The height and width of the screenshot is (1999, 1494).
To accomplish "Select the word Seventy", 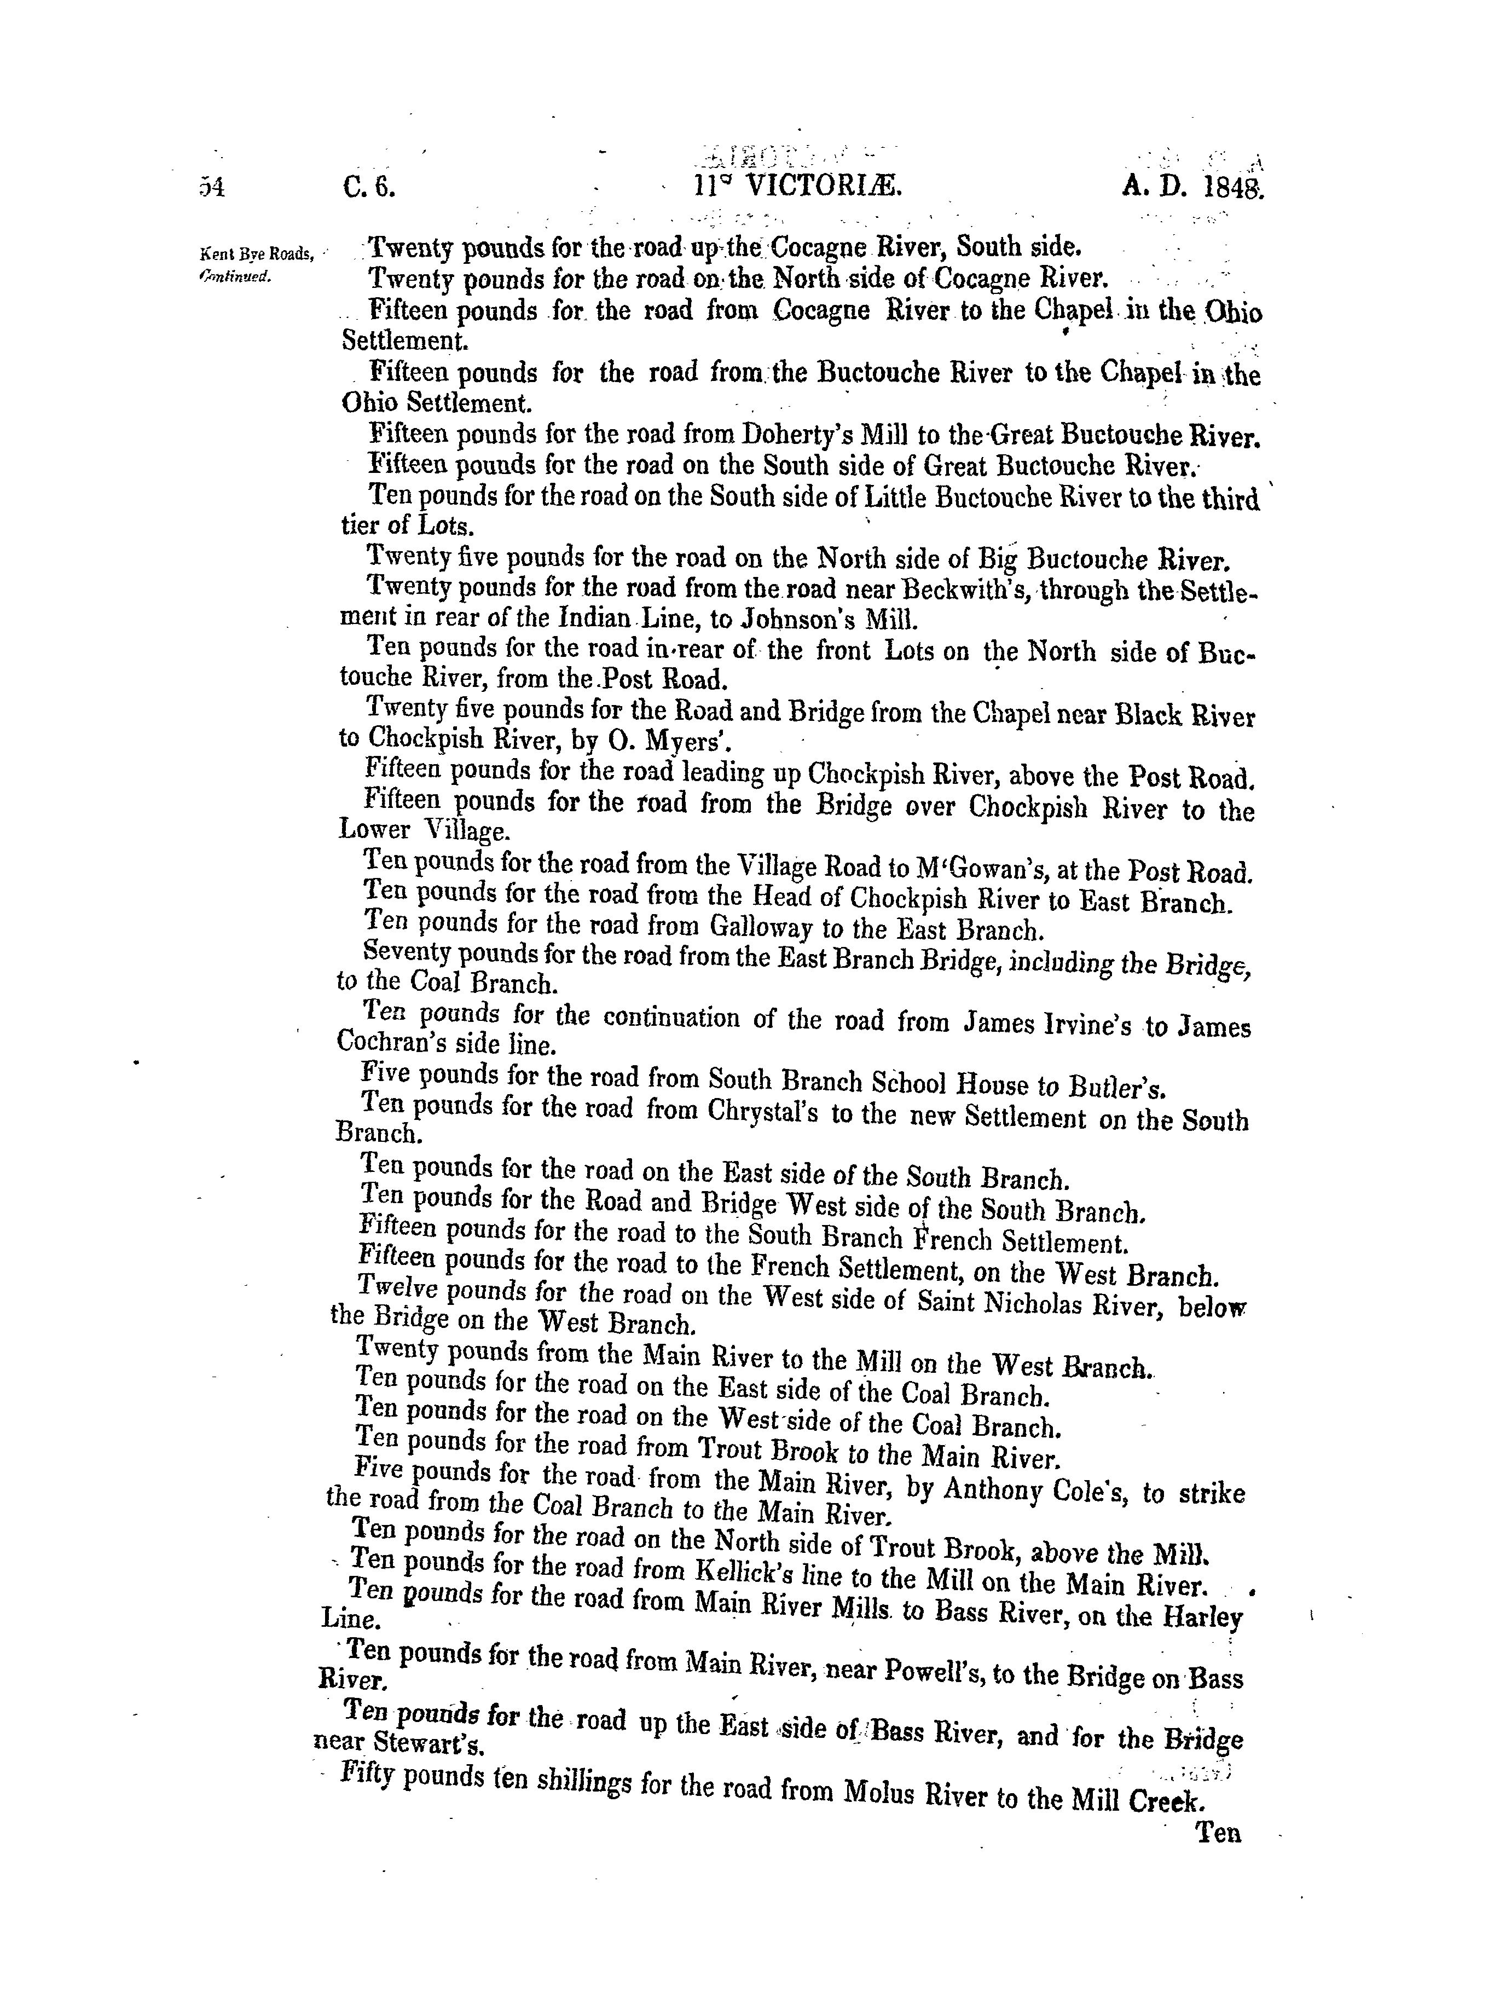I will point(407,954).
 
